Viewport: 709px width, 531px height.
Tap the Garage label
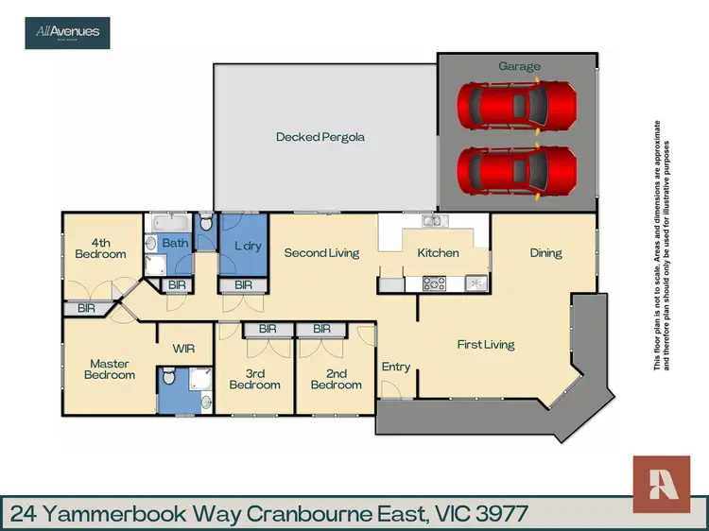(x=520, y=66)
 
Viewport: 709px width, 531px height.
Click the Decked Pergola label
(x=320, y=137)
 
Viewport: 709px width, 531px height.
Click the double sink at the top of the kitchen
(x=433, y=222)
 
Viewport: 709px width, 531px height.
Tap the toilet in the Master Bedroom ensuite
(x=168, y=379)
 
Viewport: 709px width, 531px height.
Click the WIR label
(x=183, y=349)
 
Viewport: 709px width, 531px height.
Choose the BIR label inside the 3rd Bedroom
(x=267, y=329)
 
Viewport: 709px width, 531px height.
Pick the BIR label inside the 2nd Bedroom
(x=321, y=329)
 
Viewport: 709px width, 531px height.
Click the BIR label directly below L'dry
(x=244, y=284)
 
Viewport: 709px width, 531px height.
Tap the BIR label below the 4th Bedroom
(x=86, y=308)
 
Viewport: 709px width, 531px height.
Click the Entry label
(x=395, y=367)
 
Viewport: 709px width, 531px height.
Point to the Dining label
(x=545, y=252)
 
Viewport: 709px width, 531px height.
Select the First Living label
(x=486, y=345)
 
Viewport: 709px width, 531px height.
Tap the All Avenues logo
(x=67, y=32)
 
